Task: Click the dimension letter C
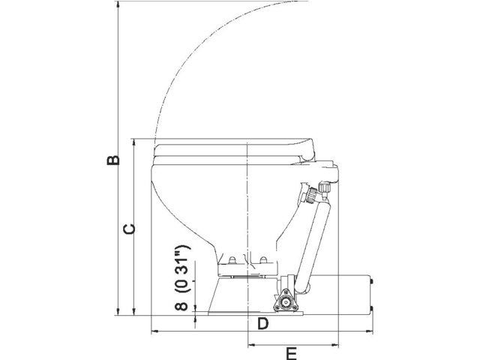[128, 229]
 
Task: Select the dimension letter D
[262, 324]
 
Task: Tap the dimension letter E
[292, 352]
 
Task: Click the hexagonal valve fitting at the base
[286, 302]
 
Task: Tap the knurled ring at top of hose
[307, 196]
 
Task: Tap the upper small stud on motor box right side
[372, 283]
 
